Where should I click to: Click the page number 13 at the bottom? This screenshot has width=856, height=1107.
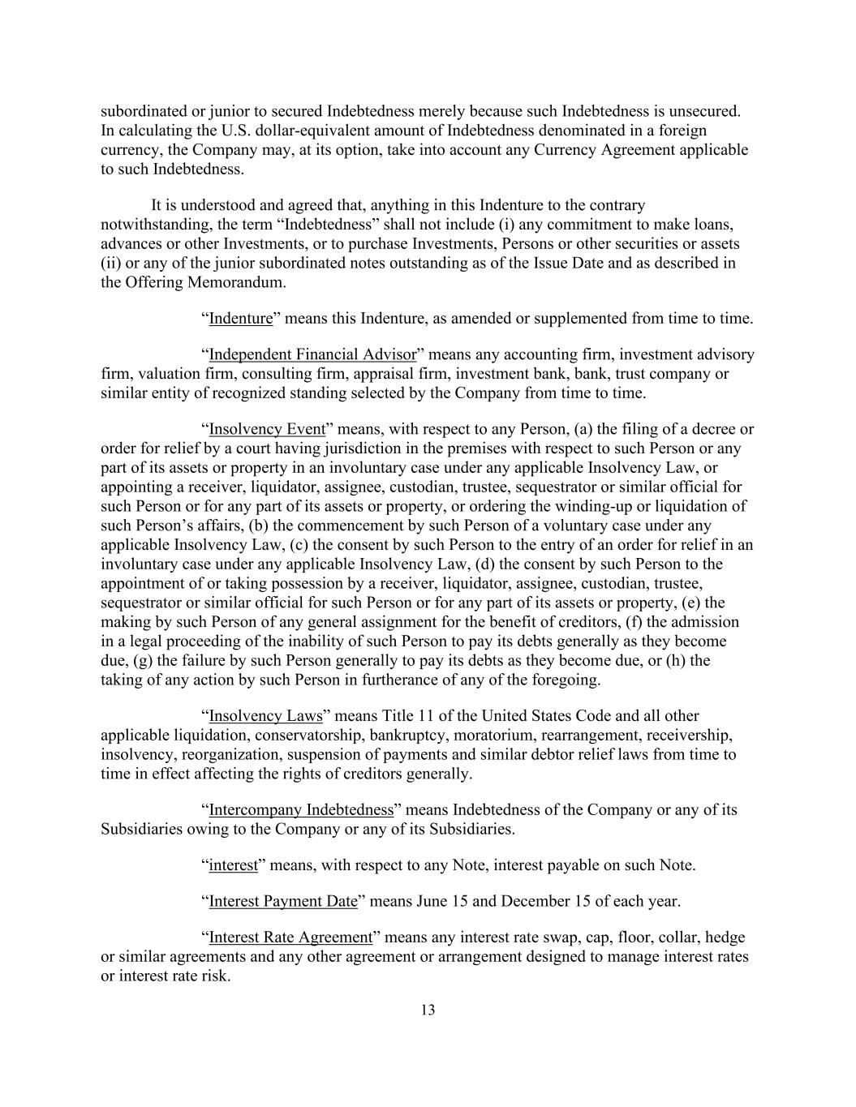click(x=428, y=1010)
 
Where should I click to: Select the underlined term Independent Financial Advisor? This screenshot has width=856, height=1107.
click(x=312, y=354)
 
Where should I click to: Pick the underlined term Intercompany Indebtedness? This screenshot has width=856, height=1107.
click(x=301, y=810)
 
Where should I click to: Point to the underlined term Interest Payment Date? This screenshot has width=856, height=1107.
click(x=283, y=901)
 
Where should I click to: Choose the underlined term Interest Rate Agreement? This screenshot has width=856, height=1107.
click(x=290, y=938)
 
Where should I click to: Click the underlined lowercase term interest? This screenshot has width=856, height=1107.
click(x=233, y=865)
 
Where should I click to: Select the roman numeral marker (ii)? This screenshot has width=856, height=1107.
click(x=110, y=264)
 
